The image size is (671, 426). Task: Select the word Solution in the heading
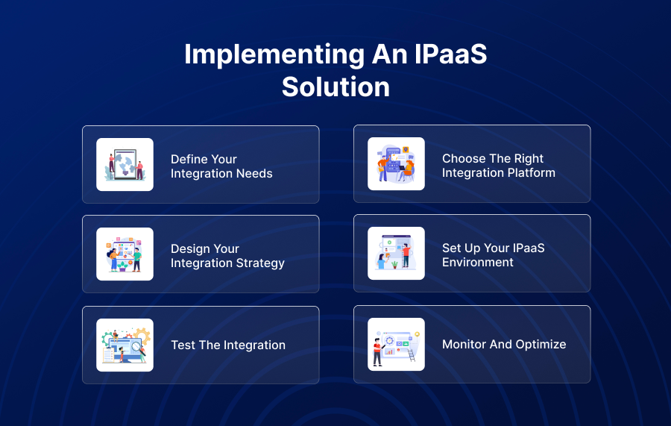tap(335, 87)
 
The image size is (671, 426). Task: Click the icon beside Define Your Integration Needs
tap(125, 165)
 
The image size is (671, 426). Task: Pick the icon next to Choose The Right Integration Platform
tap(396, 164)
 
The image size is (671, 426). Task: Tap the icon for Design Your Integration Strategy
tap(125, 254)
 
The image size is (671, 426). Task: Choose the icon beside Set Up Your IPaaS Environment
tap(396, 254)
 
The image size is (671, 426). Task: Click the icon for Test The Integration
tap(125, 345)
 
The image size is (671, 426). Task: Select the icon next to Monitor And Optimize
tap(396, 345)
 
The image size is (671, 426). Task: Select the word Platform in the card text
tap(532, 173)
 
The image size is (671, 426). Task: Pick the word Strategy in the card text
tap(260, 263)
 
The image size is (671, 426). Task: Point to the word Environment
tap(478, 263)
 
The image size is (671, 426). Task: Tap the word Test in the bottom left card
tap(183, 345)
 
